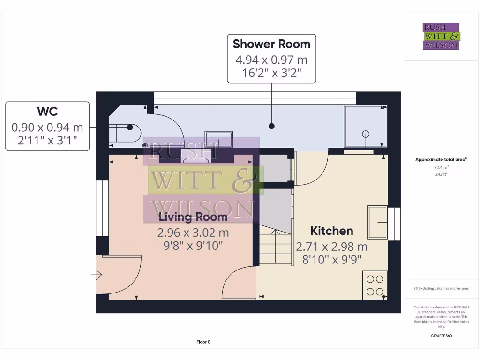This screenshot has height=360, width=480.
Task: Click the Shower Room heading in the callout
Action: tap(271, 44)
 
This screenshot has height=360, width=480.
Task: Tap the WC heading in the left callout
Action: tap(47, 112)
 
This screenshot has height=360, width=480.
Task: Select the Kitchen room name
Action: tap(332, 231)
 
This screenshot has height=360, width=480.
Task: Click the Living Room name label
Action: tap(193, 217)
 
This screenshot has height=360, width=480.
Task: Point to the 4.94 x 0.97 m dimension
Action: tap(271, 60)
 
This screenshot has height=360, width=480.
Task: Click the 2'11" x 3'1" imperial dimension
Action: tap(47, 140)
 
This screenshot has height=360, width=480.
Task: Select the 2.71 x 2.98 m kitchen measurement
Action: tap(331, 247)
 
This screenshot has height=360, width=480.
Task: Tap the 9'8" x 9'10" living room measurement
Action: tap(193, 245)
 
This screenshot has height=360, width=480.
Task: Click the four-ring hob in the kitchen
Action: tap(375, 285)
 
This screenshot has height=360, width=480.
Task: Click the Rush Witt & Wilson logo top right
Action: tap(441, 36)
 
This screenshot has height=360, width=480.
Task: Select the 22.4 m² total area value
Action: tap(441, 167)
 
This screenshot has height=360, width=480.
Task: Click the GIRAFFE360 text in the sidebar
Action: tap(441, 336)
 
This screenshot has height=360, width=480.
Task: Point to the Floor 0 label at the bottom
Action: tap(203, 342)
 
